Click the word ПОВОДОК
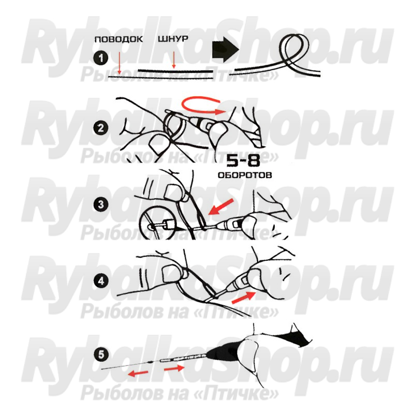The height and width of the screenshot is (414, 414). [119, 39]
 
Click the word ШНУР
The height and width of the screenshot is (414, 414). [173, 39]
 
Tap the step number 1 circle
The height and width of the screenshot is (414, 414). [101, 58]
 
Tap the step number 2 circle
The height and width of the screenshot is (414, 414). [101, 128]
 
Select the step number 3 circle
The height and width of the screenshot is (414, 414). [101, 204]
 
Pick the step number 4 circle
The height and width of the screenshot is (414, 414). [101, 280]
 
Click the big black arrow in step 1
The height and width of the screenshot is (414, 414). [226, 49]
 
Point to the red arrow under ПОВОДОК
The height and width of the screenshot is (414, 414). [120, 63]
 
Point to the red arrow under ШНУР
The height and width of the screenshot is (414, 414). [173, 60]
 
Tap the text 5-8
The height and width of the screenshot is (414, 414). [243, 160]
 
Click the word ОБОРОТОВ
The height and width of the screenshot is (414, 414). [245, 175]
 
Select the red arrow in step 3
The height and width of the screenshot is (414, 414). [221, 207]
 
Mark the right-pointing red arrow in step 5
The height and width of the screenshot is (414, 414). [174, 368]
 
